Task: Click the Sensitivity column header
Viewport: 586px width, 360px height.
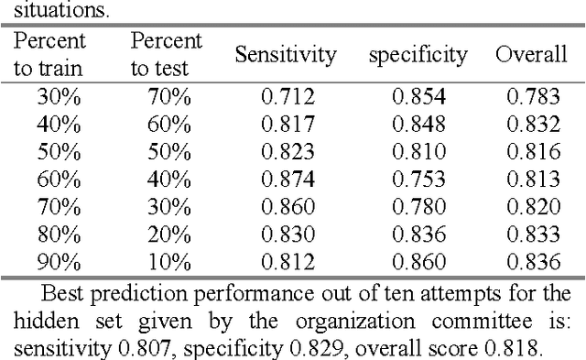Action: (x=287, y=54)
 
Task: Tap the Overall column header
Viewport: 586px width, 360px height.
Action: (x=531, y=54)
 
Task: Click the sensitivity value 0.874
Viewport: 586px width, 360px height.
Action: (x=287, y=180)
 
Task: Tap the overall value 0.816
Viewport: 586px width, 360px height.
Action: (x=531, y=152)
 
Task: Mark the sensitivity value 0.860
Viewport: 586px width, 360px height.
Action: (x=287, y=207)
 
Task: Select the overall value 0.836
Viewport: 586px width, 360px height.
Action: (x=531, y=262)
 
